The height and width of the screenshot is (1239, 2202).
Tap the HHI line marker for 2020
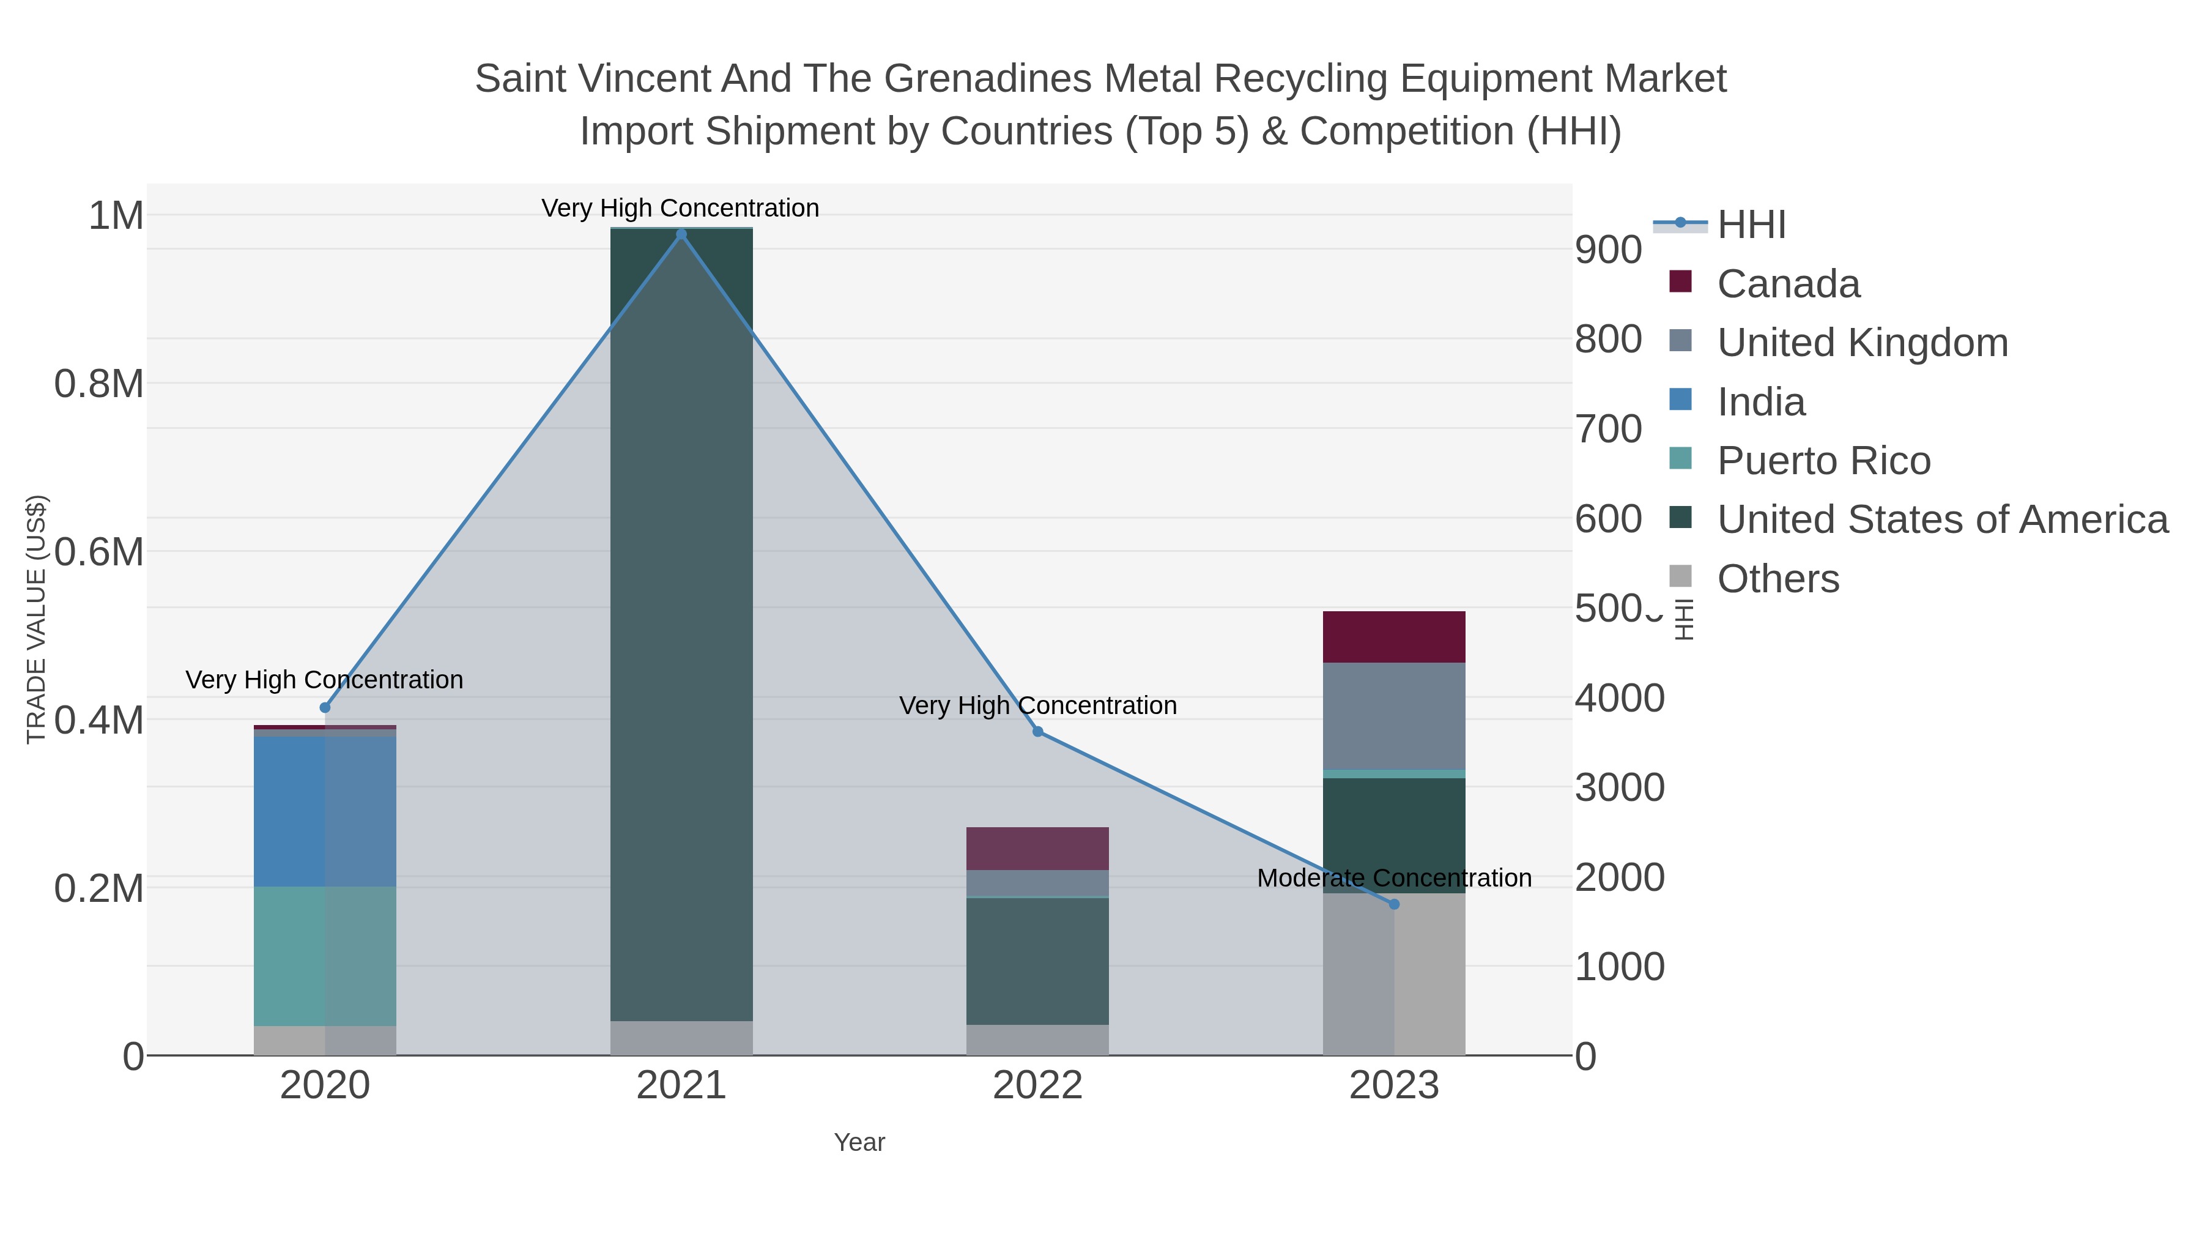tap(325, 708)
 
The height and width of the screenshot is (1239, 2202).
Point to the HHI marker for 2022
tap(1038, 732)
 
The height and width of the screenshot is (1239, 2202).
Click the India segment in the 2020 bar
tap(325, 811)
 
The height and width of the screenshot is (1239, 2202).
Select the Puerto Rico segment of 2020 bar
tap(325, 956)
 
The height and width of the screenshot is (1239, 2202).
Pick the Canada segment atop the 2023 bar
tap(1394, 637)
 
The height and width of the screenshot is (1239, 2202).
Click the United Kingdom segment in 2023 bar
tap(1394, 716)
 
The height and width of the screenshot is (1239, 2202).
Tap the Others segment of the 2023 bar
tap(1394, 975)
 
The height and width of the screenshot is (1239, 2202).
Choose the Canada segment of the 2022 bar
tap(1038, 848)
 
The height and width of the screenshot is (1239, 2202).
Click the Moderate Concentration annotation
tap(1394, 878)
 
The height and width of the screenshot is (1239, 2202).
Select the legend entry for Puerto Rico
tap(1823, 461)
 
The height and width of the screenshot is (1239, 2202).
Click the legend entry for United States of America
tap(1942, 520)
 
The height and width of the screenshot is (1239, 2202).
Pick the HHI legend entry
tap(1751, 225)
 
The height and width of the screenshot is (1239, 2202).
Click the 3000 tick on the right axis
tap(1619, 787)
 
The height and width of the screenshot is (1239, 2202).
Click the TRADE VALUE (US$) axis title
tap(36, 619)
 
